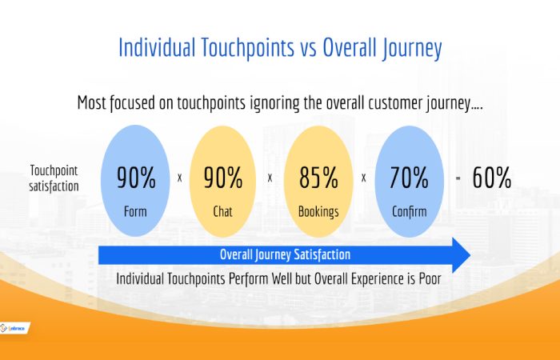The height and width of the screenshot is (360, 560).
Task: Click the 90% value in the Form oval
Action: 136,178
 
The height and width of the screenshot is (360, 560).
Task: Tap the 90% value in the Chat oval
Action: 223,178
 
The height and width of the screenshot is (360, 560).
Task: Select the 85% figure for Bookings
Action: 318,178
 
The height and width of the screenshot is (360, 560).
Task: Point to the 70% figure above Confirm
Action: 410,178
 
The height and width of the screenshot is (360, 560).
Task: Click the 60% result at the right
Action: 491,178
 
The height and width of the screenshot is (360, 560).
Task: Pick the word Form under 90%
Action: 136,213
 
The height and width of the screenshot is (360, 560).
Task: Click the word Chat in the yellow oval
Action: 223,213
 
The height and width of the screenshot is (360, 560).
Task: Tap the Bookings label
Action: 318,213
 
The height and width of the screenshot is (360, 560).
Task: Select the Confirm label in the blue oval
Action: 410,213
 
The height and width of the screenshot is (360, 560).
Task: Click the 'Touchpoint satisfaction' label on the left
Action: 53,178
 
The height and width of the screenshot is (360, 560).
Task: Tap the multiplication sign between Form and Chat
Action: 179,178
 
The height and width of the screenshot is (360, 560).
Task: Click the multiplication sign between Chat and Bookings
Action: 270,178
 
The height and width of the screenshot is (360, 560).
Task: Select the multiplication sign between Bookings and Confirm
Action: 363,178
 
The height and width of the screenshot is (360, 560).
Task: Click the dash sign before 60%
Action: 458,178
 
